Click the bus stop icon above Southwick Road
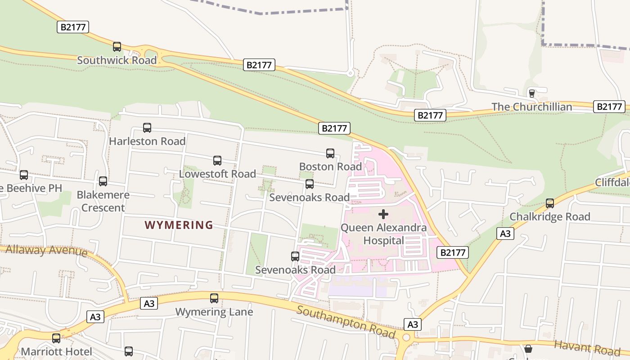(117, 46)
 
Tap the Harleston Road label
(147, 141)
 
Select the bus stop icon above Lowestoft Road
(217, 161)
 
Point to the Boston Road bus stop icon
(330, 153)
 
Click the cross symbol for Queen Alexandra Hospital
(383, 214)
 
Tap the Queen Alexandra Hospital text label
(384, 234)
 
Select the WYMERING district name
(179, 225)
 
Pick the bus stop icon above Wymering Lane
(214, 298)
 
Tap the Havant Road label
(587, 347)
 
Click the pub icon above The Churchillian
(532, 93)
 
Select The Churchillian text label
(531, 107)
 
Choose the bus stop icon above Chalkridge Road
(550, 203)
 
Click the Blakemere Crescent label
(103, 201)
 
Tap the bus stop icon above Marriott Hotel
(56, 338)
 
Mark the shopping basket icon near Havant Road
(528, 349)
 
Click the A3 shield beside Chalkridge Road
(505, 234)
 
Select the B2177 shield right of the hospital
(453, 252)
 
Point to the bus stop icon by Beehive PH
(24, 175)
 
